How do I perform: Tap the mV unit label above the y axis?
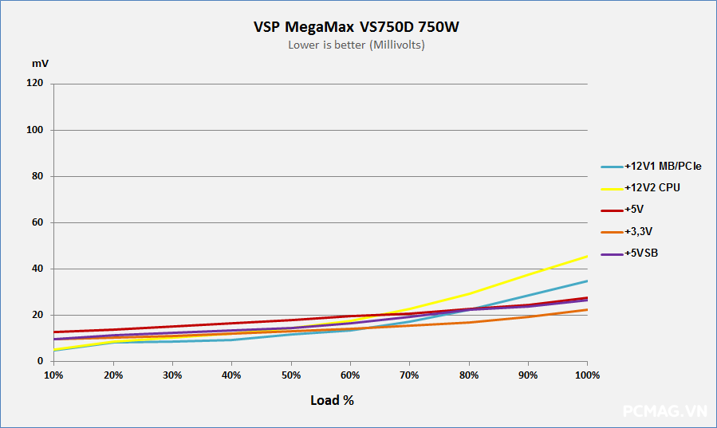pyautogui.click(x=39, y=62)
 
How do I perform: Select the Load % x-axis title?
pyautogui.click(x=332, y=400)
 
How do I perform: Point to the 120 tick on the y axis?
pyautogui.click(x=34, y=84)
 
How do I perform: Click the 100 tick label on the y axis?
pyautogui.click(x=34, y=130)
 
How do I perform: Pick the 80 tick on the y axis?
pyautogui.click(x=37, y=176)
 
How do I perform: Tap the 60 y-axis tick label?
pyautogui.click(x=37, y=222)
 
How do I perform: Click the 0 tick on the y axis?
pyautogui.click(x=39, y=361)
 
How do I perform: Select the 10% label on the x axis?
pyautogui.click(x=53, y=375)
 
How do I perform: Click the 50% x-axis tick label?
pyautogui.click(x=290, y=375)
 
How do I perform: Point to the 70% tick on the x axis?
pyautogui.click(x=409, y=375)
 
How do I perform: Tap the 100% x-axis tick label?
pyautogui.click(x=587, y=375)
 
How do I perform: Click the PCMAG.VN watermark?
pyautogui.click(x=664, y=411)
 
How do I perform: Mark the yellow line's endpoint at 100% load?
pyautogui.click(x=588, y=256)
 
